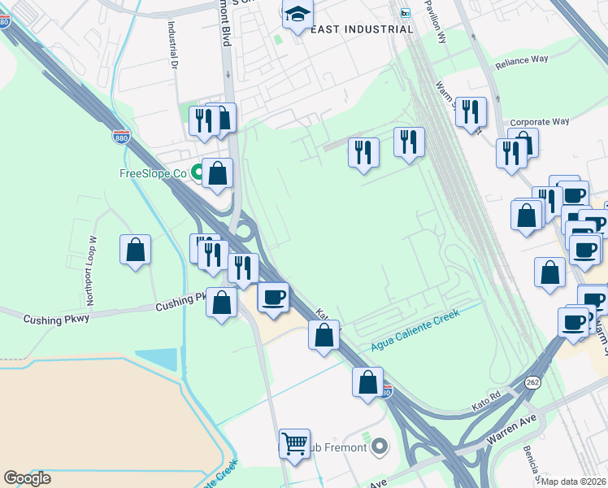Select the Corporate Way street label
coord(540,122)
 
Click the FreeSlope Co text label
coord(153,172)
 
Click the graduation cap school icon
coord(297,14)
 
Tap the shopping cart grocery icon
coord(294,443)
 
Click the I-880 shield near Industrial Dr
coord(121,136)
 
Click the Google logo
coord(27,478)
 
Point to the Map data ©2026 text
coord(573,481)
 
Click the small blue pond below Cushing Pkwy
coord(156,359)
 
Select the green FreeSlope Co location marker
coord(198,172)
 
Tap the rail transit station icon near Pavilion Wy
coord(406,12)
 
